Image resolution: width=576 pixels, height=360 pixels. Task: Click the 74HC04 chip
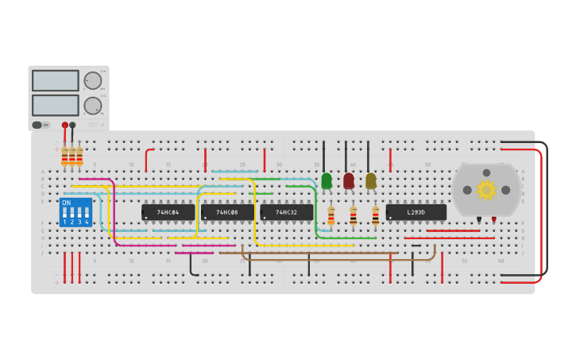pos(168,212)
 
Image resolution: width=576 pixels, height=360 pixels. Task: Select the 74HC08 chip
pos(227,212)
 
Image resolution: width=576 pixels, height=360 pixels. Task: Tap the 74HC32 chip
pos(286,212)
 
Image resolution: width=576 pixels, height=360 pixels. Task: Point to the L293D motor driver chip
pos(416,212)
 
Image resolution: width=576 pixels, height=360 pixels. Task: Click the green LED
pos(327,181)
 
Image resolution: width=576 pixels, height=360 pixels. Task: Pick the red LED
pos(349,181)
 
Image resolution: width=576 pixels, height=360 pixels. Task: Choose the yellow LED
pos(371,181)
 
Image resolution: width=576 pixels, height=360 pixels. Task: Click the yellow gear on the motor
pos(486,189)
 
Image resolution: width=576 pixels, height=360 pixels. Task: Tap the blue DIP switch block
pos(75,212)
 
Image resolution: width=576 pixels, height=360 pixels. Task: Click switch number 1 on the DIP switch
pos(65,214)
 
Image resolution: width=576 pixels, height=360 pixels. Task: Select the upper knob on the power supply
pos(93,80)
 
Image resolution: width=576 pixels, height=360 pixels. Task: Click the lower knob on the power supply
pos(93,105)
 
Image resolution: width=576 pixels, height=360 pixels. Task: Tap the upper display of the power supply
pos(55,80)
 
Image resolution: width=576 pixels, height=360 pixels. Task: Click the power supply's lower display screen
pos(55,105)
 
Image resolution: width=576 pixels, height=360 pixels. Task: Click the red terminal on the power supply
pos(65,125)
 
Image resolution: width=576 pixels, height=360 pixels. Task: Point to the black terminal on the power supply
pos(73,125)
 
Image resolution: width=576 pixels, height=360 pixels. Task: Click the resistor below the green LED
pos(331,215)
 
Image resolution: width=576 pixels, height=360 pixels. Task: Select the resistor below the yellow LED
pos(376,215)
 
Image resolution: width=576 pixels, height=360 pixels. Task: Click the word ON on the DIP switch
pos(66,203)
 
